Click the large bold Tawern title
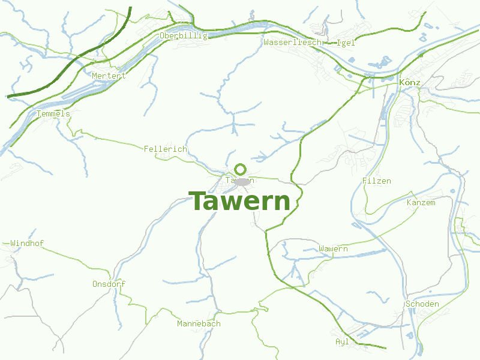tap(240, 202)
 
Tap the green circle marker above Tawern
tap(241, 169)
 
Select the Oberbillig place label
tap(184, 36)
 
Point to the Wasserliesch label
tap(293, 43)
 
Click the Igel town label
tap(346, 43)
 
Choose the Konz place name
tap(409, 82)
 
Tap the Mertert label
tap(109, 76)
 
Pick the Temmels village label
tap(53, 113)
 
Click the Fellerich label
tap(166, 149)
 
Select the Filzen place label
tap(377, 181)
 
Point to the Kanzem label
tap(421, 202)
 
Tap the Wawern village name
tap(334, 248)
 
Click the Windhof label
tap(27, 243)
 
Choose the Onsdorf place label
tap(109, 284)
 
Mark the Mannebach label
tap(199, 323)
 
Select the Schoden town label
tap(422, 304)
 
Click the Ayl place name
tap(342, 341)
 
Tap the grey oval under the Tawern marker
tap(242, 181)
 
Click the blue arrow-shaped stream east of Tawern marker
tap(260, 158)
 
